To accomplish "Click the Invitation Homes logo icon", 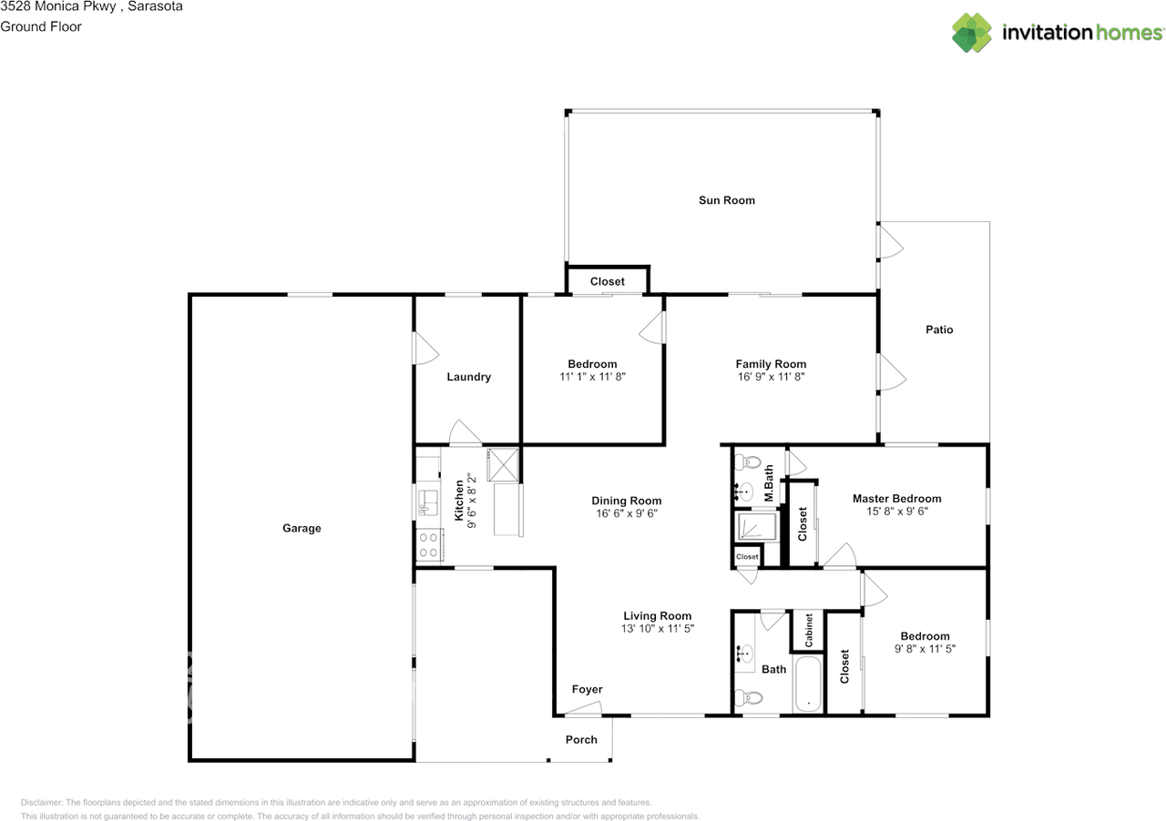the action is click(x=972, y=33).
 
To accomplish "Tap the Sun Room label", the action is click(x=727, y=200).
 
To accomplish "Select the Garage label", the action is click(x=302, y=529).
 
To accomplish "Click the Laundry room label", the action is click(x=468, y=377).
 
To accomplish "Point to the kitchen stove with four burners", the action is click(x=429, y=544).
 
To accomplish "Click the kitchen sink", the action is click(x=428, y=502).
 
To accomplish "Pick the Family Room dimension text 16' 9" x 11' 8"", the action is click(x=771, y=377).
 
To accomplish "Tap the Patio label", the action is click(x=939, y=329).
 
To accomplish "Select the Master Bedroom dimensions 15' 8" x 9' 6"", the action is click(x=897, y=512).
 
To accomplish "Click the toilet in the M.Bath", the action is click(x=748, y=461).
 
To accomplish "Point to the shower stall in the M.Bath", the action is click(x=757, y=526).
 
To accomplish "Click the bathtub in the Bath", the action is click(x=808, y=684).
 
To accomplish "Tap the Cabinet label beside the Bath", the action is click(x=808, y=631).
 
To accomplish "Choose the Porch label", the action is click(x=581, y=740).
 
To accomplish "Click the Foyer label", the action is click(x=587, y=689).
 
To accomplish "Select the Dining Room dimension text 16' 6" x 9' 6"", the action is click(x=626, y=513).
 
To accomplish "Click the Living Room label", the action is click(x=658, y=616).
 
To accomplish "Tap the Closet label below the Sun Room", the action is click(x=607, y=281).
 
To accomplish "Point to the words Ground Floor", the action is click(x=41, y=26).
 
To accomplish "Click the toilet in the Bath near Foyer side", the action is click(x=749, y=697).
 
